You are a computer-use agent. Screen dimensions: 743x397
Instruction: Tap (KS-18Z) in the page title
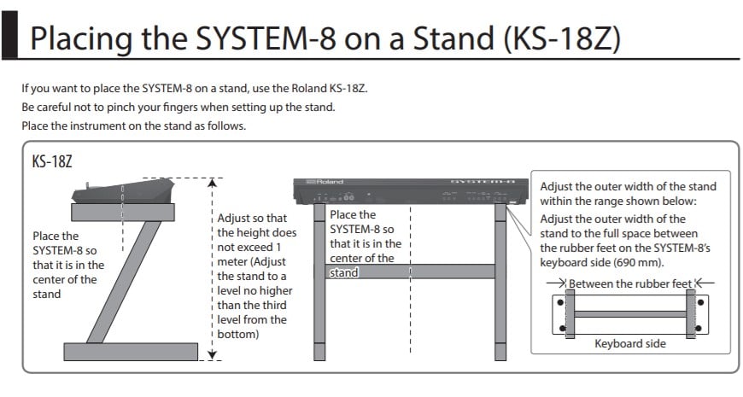coord(562,39)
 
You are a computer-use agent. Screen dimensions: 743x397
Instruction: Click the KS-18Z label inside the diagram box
coord(52,162)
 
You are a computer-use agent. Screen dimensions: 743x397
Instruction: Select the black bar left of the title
coord(9,35)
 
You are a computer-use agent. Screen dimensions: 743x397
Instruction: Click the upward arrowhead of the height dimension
coord(213,183)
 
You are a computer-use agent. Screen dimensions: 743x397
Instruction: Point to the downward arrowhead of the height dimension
coord(213,355)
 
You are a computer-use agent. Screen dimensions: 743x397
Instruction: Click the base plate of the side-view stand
coord(131,352)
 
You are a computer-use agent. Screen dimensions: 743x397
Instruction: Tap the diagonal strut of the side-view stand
coord(124,282)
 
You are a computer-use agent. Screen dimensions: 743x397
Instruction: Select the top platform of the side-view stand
coord(123,213)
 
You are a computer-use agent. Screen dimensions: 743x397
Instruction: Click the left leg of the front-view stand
coord(319,282)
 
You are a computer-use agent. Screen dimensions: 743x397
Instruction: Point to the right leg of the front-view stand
coord(500,282)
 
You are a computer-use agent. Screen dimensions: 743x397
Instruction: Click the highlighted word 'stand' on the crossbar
coord(344,273)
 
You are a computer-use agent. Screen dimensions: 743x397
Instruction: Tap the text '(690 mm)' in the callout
coord(638,263)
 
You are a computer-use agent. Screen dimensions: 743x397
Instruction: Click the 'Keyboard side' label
coord(630,343)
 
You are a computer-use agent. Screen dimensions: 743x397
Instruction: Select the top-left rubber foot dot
coord(560,302)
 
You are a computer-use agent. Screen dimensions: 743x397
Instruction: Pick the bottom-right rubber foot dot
coord(698,328)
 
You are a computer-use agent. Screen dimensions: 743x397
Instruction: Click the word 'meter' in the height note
coord(233,262)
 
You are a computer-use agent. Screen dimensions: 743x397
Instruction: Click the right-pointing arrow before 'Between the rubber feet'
coord(556,283)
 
